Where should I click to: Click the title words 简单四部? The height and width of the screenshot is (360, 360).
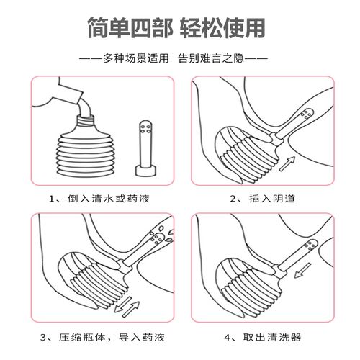point(127,27)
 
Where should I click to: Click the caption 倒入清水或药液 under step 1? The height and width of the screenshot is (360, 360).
point(105,199)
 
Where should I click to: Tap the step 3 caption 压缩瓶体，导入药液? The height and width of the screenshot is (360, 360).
point(105,336)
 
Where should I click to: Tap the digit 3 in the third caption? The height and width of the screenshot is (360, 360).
point(45,336)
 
